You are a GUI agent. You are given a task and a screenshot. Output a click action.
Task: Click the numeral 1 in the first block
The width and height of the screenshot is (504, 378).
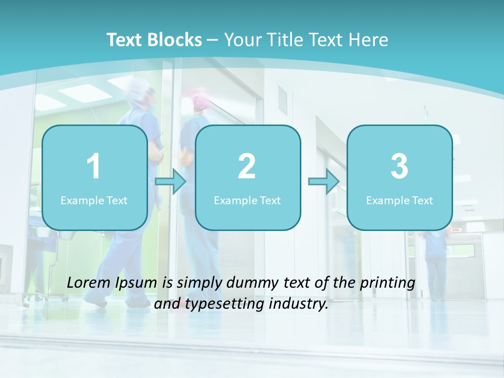[93, 166]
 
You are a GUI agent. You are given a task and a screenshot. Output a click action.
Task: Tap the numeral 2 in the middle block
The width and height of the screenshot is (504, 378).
[247, 166]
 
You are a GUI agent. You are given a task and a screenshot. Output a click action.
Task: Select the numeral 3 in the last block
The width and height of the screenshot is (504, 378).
[400, 166]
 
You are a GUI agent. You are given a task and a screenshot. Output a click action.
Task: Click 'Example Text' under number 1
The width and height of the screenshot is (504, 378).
[94, 200]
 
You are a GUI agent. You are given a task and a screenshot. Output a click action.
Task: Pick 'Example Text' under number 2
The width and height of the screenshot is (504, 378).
[247, 200]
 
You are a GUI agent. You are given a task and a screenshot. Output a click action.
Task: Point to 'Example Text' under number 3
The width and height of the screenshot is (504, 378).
[400, 200]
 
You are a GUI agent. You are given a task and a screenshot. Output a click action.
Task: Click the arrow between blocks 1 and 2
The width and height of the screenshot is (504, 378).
[171, 182]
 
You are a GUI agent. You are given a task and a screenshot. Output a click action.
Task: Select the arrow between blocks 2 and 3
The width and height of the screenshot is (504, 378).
[324, 182]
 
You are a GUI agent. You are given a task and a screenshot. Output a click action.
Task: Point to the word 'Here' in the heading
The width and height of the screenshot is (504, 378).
[369, 40]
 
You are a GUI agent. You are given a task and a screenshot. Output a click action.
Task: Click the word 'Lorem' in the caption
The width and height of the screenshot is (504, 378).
[89, 283]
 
